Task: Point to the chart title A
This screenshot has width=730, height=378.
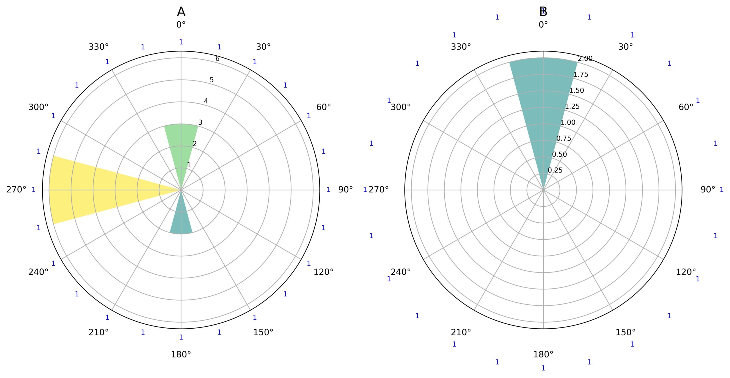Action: pos(181,12)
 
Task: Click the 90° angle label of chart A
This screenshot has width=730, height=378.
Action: pos(345,190)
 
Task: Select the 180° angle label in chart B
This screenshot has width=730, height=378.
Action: pos(543,355)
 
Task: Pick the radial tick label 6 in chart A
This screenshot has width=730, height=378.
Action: pos(218,59)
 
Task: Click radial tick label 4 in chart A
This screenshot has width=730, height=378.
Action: pos(206,101)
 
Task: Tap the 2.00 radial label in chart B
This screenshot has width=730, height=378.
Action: pos(585,59)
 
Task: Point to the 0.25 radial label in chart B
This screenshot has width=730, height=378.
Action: pos(555,170)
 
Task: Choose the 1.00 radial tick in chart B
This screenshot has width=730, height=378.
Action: pos(568,122)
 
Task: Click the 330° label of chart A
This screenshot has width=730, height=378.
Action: pos(98,47)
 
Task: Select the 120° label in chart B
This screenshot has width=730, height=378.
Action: pos(686,272)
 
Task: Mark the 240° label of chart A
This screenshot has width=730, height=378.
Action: pos(38,272)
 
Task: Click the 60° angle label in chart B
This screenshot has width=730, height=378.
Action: pos(686,107)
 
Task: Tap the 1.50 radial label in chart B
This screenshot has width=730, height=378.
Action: pos(577,91)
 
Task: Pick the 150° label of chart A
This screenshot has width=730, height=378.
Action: pos(263,332)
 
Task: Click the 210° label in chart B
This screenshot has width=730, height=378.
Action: pos(461,332)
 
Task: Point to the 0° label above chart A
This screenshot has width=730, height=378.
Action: pos(181,25)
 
